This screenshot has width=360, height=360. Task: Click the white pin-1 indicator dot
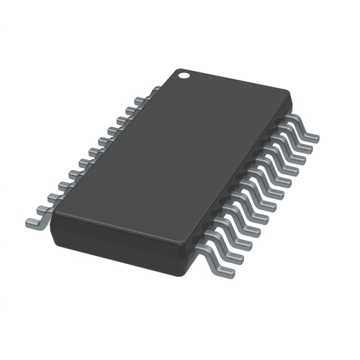click(183, 74)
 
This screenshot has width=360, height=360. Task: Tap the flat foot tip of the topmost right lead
click(313, 138)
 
